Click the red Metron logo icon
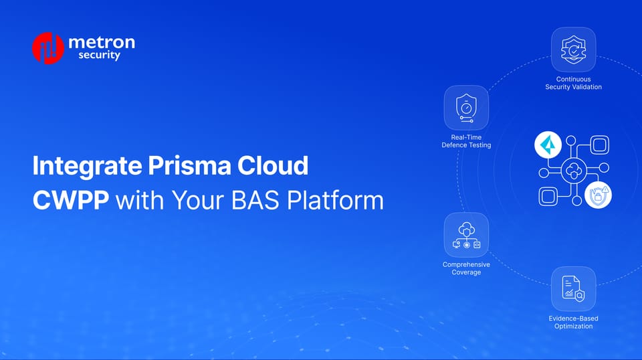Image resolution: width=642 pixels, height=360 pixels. [47, 48]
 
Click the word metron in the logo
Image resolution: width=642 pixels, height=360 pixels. [101, 42]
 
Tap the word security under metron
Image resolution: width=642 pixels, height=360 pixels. [99, 56]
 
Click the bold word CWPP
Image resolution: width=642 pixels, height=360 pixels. [71, 200]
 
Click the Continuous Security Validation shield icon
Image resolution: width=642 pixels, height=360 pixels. [573, 49]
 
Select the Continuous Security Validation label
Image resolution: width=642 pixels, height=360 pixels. [573, 84]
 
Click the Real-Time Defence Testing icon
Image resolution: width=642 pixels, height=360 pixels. [466, 108]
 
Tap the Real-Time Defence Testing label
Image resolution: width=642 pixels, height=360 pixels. [466, 141]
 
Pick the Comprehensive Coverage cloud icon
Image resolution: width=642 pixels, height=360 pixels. [466, 235]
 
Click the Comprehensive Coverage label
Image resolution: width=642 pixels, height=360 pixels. [466, 268]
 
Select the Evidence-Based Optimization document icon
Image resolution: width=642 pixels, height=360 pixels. [573, 288]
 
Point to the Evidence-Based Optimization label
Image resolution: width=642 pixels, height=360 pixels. [573, 322]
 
